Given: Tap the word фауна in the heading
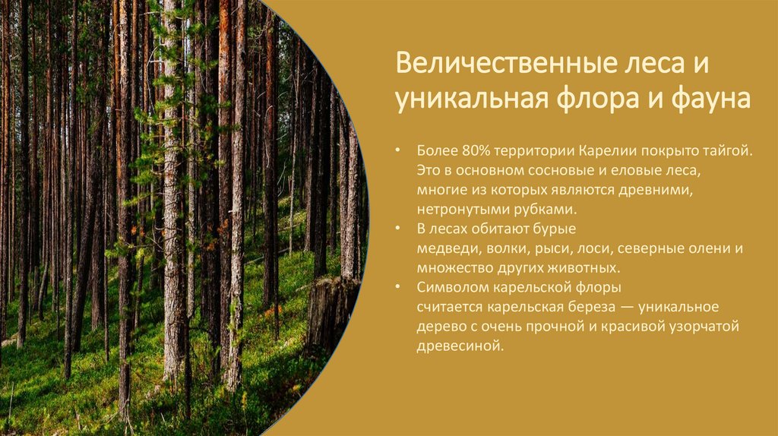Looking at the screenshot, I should click(710, 99).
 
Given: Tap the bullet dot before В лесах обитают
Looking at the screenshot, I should click(399, 229).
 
